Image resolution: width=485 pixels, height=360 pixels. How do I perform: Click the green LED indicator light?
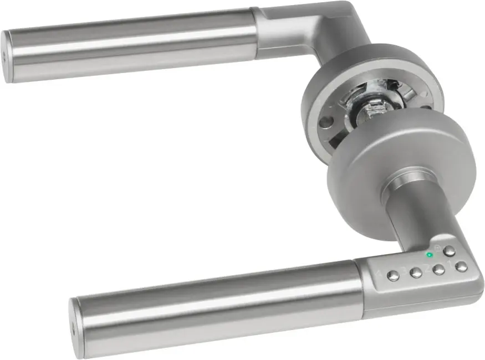coord(429,255)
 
